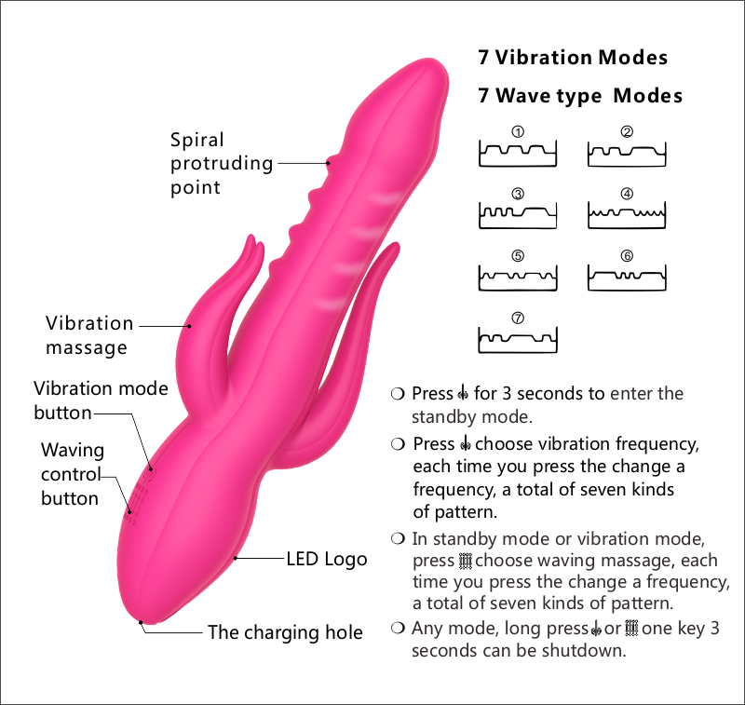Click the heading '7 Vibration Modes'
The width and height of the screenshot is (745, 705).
[x=573, y=58]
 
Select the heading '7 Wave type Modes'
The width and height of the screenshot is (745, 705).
[x=580, y=96]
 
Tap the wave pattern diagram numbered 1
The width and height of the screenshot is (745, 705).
[x=518, y=153]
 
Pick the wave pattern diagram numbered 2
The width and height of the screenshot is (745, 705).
[x=627, y=153]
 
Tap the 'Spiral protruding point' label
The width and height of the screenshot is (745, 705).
[x=222, y=164]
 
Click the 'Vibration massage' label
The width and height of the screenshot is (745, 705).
[x=89, y=336]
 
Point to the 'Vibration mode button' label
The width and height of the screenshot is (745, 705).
[x=101, y=400]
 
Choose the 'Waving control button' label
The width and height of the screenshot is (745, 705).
[x=72, y=474]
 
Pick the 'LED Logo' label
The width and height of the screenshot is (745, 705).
[x=326, y=560]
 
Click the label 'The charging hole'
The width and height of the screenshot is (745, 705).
[x=284, y=633]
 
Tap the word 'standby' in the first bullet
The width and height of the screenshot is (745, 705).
[x=443, y=417]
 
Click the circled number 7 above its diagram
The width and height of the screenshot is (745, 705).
[x=518, y=318]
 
